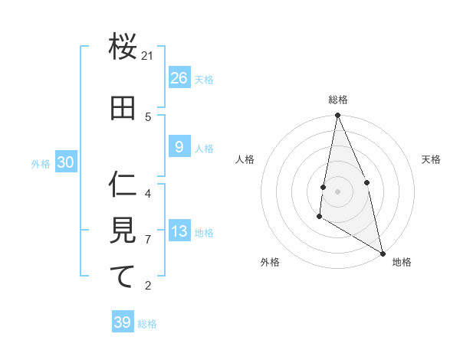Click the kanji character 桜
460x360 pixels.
point(123,47)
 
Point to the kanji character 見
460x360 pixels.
point(123,231)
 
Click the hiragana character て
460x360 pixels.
point(123,277)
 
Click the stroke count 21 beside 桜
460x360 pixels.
point(148,56)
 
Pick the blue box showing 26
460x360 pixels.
point(179,77)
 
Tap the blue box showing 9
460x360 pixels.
point(179,146)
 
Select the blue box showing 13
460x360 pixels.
point(179,231)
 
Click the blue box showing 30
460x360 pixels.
point(65,162)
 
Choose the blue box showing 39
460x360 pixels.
point(123,322)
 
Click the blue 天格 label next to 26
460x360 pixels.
point(204,80)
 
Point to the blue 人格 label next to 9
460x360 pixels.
point(204,149)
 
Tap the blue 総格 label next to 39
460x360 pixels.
point(147,324)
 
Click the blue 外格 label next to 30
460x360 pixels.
point(41,164)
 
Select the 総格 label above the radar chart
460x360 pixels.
point(337,100)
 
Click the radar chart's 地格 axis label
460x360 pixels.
point(402,262)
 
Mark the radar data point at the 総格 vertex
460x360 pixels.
point(337,116)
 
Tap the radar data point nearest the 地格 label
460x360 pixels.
point(383,253)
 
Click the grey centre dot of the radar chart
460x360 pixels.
point(337,191)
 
